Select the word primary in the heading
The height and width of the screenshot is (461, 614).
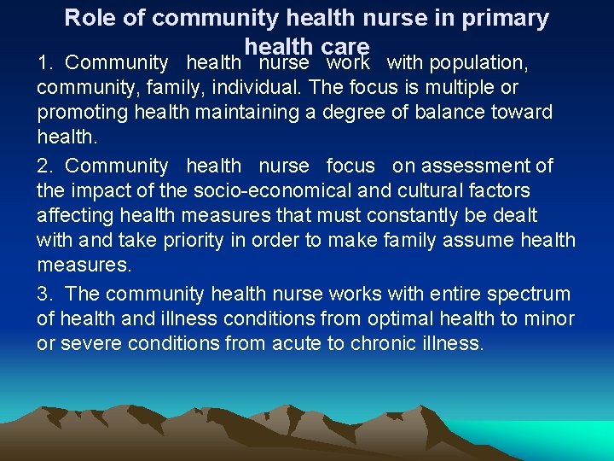coord(508,18)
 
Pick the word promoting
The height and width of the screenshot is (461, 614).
coord(78,113)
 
